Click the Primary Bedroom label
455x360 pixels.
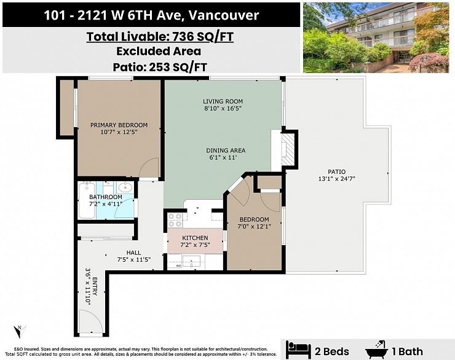tap(119, 125)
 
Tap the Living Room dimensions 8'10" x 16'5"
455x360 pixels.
tap(223, 109)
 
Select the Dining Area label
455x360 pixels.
tap(226, 151)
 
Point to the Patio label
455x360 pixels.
tap(336, 171)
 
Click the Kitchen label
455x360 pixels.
tap(195, 238)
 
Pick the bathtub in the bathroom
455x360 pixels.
tap(87, 200)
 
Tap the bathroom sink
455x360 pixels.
tap(125, 187)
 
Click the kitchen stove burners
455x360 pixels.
tap(175, 221)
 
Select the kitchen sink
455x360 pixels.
tap(191, 261)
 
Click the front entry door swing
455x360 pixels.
tap(91, 321)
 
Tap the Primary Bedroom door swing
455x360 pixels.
tap(150, 168)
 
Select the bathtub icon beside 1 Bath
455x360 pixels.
tap(377, 350)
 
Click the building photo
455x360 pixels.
tap(376, 37)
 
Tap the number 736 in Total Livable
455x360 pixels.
tap(183, 37)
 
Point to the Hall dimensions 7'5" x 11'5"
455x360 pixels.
tap(134, 260)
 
